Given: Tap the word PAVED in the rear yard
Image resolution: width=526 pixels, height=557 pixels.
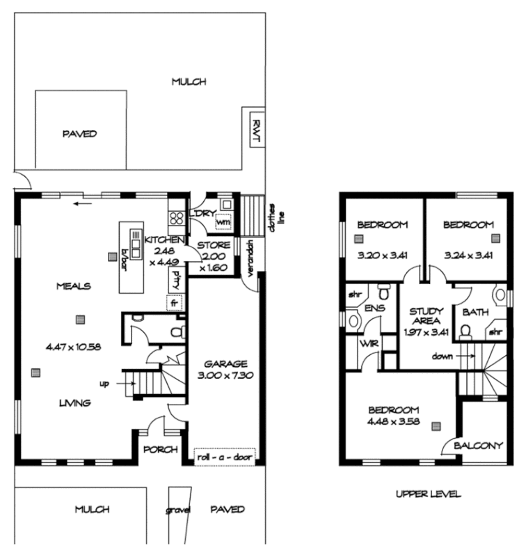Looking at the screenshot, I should (79, 133).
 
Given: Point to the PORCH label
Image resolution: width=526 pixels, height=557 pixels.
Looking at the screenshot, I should (160, 449).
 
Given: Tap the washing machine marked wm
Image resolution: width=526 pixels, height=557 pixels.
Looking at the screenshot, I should (223, 222).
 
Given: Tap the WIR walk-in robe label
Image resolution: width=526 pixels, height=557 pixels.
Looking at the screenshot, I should (367, 343).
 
